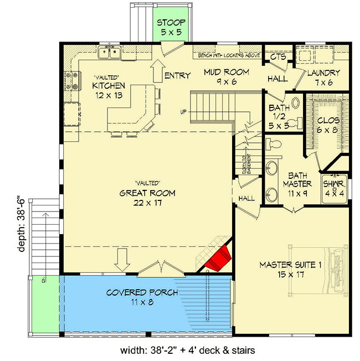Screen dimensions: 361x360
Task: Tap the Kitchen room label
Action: tap(109, 91)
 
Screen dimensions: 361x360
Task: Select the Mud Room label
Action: tap(227, 77)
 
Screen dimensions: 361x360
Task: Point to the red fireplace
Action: tap(217, 259)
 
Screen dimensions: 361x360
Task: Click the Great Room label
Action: tap(147, 198)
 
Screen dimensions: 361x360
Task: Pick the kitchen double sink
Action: tap(110, 53)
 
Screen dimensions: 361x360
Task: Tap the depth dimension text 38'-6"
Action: tap(22, 224)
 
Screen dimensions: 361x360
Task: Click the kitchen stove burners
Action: tap(70, 80)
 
